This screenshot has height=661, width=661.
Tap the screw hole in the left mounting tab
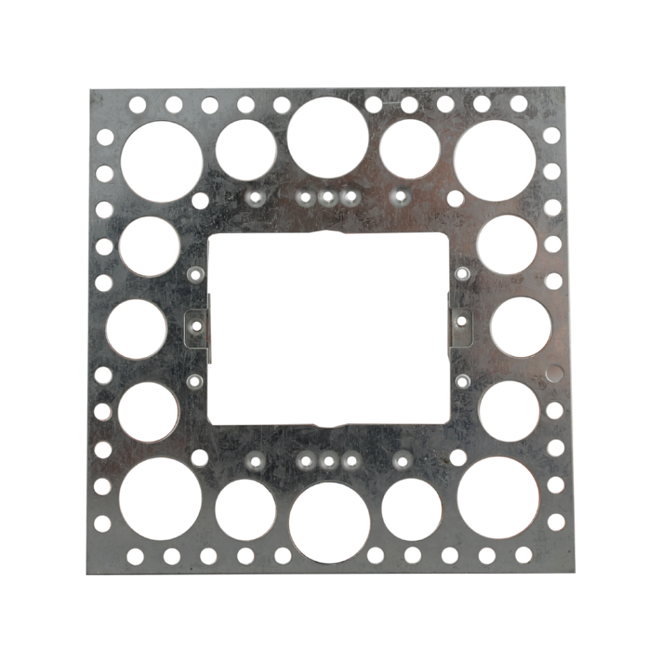click(x=197, y=325)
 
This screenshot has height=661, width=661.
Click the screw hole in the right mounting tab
click(x=460, y=321)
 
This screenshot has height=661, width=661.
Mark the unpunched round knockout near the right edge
click(x=554, y=373)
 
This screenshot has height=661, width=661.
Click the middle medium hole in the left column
click(x=137, y=329)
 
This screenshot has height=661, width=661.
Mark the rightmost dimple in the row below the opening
click(x=401, y=459)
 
